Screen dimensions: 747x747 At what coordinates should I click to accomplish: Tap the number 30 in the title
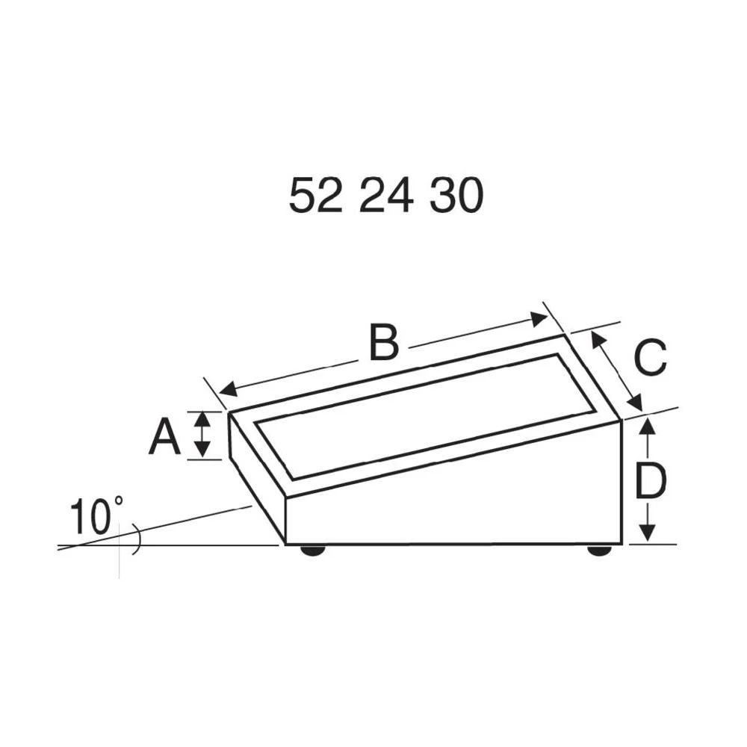click(456, 196)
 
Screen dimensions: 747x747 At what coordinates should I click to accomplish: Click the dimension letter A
click(164, 437)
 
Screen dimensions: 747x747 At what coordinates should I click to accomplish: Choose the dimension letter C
click(649, 358)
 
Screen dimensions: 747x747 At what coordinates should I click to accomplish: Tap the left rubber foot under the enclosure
click(312, 551)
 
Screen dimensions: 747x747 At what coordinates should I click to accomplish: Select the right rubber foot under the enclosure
click(599, 551)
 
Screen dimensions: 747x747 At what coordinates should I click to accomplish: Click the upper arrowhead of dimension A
click(202, 419)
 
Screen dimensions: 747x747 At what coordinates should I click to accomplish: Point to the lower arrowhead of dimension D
click(648, 532)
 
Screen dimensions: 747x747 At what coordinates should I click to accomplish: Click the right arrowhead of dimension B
click(539, 319)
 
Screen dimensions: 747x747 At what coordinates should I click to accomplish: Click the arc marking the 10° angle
click(135, 540)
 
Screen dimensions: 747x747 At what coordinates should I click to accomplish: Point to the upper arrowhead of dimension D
click(648, 427)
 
